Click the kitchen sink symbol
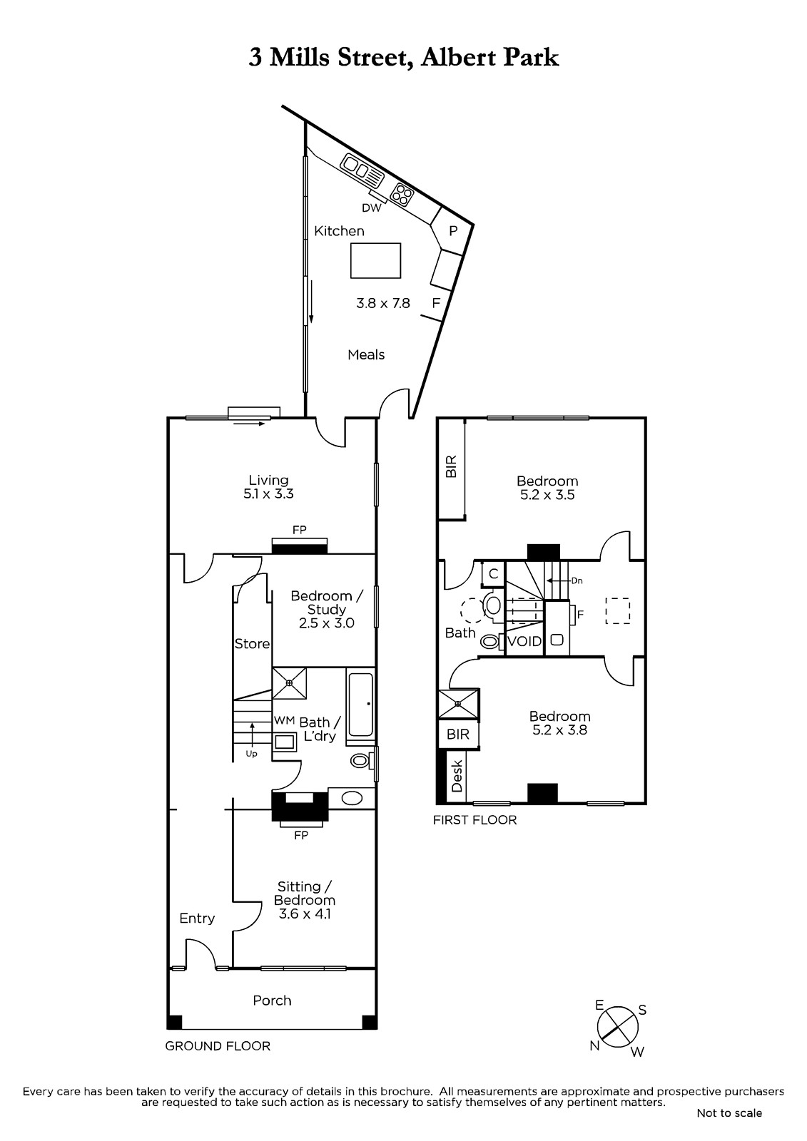[x=362, y=170]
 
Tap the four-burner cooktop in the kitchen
[x=402, y=193]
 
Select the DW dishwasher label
[x=372, y=208]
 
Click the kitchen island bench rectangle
[x=376, y=260]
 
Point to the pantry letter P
[x=452, y=231]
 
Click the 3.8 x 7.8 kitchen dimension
[x=383, y=304]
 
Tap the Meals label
[x=366, y=354]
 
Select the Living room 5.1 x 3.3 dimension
[x=269, y=493]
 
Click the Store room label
[x=252, y=644]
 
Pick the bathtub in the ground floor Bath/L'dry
[x=361, y=705]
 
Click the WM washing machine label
[x=285, y=720]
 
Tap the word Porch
[x=273, y=1001]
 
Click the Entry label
[x=197, y=919]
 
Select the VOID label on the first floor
[x=525, y=641]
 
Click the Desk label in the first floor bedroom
[x=457, y=776]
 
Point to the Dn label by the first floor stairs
[x=577, y=580]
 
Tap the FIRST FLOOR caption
[x=474, y=819]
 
